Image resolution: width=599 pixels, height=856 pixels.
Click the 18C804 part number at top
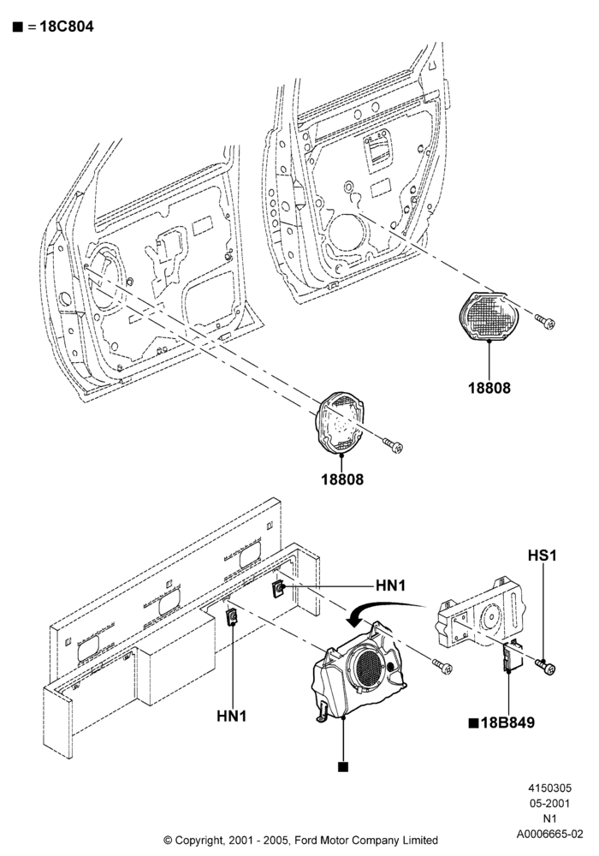[66, 27]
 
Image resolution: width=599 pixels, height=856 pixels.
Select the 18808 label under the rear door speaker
[489, 388]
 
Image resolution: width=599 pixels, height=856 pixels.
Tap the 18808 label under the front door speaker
[342, 479]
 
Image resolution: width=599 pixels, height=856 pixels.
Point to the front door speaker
[341, 422]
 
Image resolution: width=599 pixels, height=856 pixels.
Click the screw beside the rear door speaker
[545, 322]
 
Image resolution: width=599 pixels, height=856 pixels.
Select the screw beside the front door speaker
[394, 445]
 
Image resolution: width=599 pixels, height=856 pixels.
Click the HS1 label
[543, 556]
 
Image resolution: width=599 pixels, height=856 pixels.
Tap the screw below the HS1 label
[545, 667]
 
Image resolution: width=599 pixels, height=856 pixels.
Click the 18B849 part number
[502, 722]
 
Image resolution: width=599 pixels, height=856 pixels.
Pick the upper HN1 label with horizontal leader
[391, 586]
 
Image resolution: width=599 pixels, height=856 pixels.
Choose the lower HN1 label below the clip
[232, 716]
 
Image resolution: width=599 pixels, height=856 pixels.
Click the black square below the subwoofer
[343, 767]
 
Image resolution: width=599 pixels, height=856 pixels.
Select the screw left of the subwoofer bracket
[442, 666]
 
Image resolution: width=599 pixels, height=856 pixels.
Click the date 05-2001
[550, 803]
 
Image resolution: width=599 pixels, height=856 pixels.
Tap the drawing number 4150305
[550, 788]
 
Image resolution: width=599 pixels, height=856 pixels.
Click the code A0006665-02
[550, 834]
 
